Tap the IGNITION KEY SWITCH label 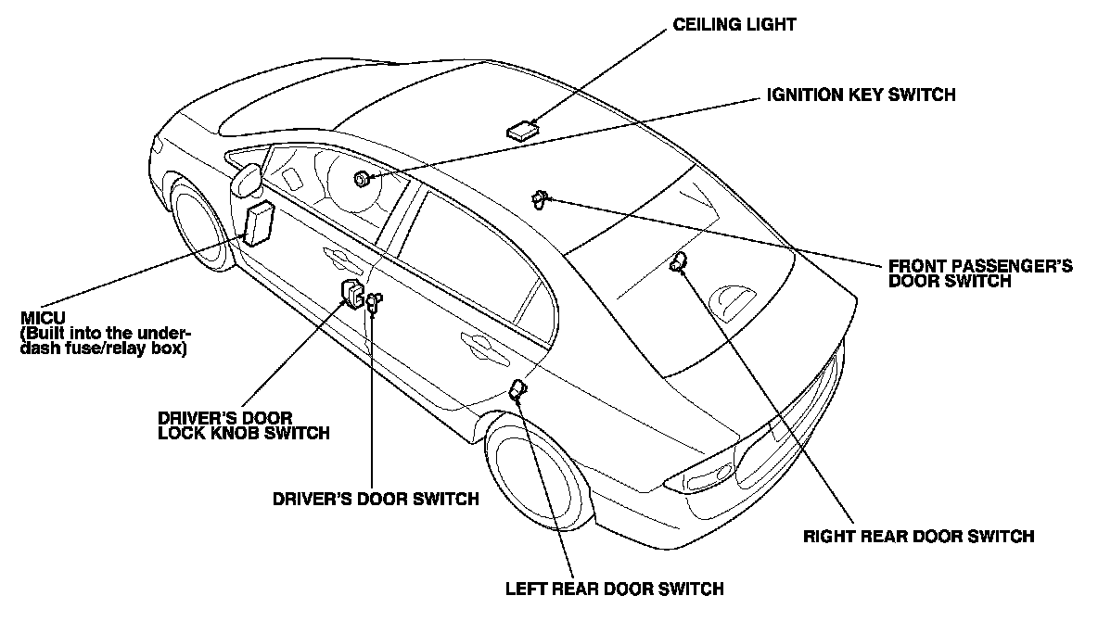point(861,95)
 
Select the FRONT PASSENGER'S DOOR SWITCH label point(980,272)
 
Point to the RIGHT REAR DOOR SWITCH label point(917,536)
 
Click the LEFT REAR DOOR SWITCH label point(614,588)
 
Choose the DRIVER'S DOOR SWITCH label point(376,499)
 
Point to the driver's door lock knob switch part point(353,293)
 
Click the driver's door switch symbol point(374,299)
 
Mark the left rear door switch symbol point(517,391)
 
